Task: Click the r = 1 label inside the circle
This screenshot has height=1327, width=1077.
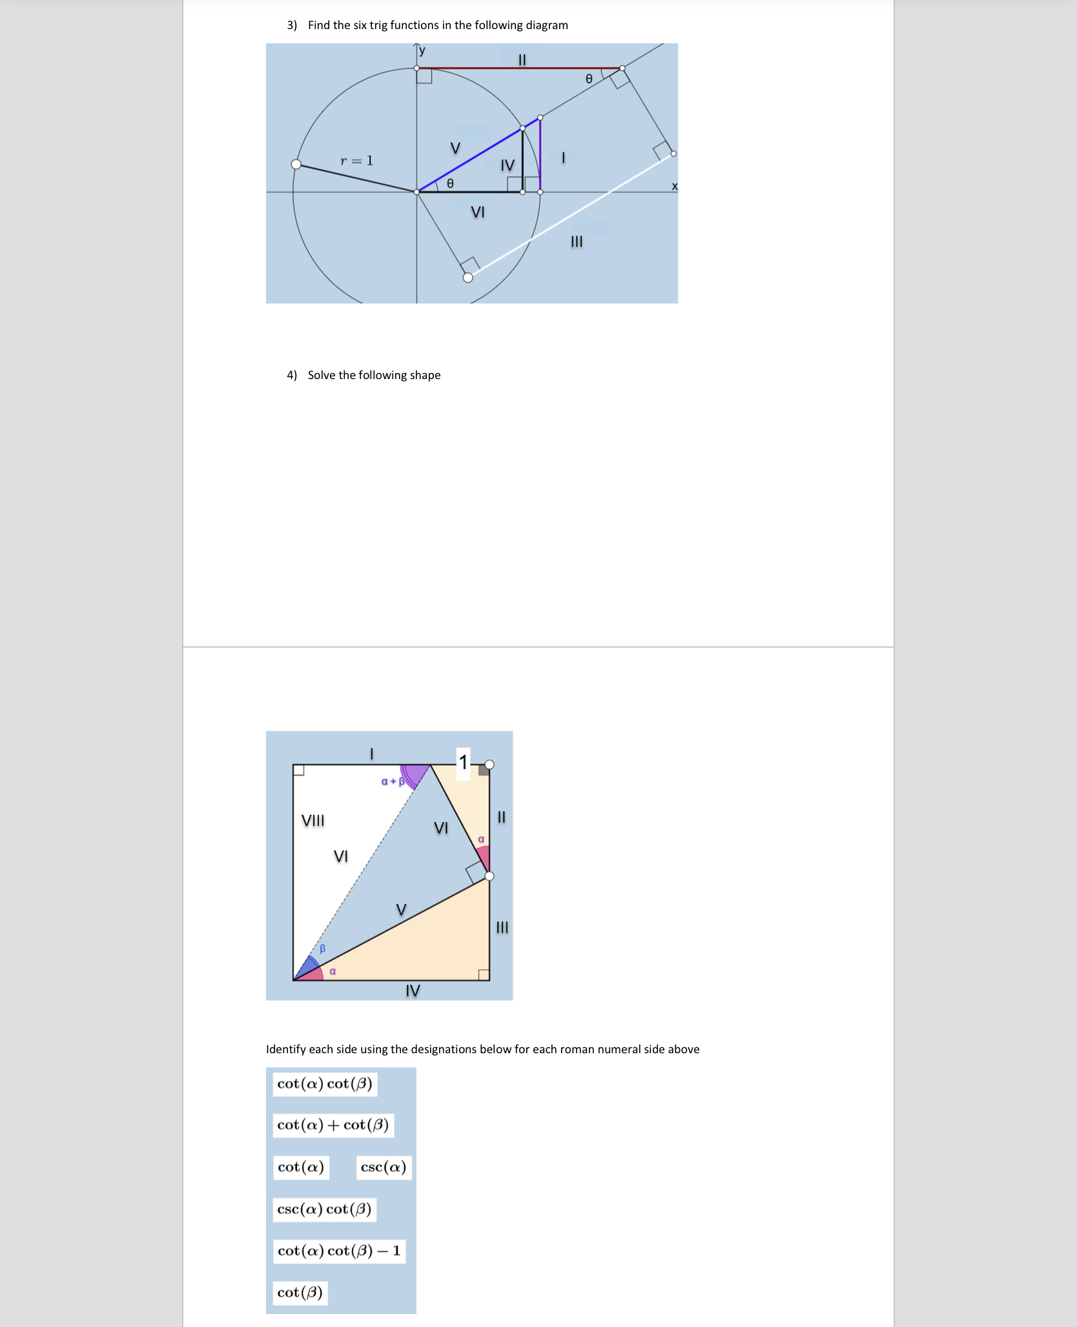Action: (x=356, y=160)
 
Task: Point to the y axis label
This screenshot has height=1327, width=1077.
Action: (x=422, y=50)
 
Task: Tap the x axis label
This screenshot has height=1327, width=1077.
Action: (x=675, y=187)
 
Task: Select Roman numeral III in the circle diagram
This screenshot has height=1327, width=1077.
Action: (x=577, y=242)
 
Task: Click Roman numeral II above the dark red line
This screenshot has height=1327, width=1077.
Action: (x=522, y=60)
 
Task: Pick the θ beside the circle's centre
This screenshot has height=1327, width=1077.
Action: (x=450, y=183)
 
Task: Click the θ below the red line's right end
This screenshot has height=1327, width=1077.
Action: (x=588, y=79)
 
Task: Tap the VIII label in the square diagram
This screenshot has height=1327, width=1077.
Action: (x=313, y=821)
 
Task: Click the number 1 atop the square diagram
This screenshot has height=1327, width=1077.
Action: (x=463, y=763)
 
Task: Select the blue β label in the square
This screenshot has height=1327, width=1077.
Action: (x=323, y=949)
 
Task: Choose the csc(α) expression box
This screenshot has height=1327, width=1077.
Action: (x=384, y=1167)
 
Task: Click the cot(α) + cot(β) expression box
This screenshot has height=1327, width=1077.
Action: (x=333, y=1125)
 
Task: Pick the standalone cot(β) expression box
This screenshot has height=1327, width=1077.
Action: (x=300, y=1292)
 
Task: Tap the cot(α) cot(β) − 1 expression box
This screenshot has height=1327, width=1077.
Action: (x=339, y=1251)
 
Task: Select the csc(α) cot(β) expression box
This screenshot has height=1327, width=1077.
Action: (x=325, y=1209)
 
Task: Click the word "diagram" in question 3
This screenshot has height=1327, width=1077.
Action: (x=547, y=25)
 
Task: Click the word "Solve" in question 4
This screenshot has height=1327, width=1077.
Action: (x=322, y=375)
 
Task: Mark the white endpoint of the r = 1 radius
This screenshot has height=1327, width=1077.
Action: (x=296, y=164)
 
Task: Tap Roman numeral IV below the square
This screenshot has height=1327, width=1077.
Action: (x=413, y=991)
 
